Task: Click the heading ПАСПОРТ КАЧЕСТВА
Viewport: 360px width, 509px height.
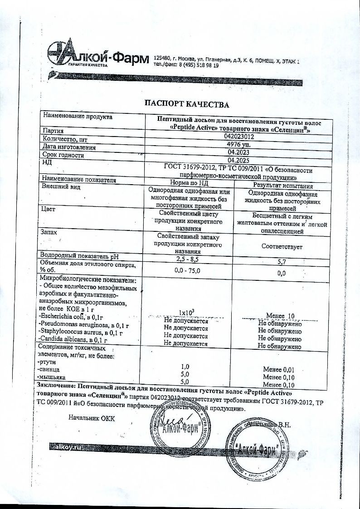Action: (186, 105)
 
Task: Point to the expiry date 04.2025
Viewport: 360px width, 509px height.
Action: (239, 160)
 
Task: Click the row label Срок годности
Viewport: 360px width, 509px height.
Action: (63, 155)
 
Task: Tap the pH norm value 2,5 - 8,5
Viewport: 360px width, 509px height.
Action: (187, 259)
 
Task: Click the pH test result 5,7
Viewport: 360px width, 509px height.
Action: (283, 262)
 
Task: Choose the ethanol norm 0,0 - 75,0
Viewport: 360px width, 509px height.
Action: (187, 270)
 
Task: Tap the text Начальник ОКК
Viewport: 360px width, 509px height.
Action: (92, 417)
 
